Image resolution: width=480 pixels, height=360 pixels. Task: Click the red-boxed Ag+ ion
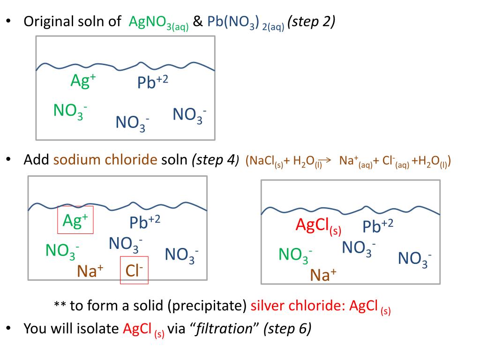(x=75, y=220)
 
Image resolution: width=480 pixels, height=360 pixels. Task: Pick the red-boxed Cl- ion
(x=134, y=270)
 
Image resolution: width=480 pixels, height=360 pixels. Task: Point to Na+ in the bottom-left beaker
(x=90, y=271)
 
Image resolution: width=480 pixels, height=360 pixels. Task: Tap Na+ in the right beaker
(x=323, y=274)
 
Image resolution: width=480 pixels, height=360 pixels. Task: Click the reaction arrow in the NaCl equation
(x=325, y=160)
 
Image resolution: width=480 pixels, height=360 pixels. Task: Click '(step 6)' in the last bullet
(x=287, y=329)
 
